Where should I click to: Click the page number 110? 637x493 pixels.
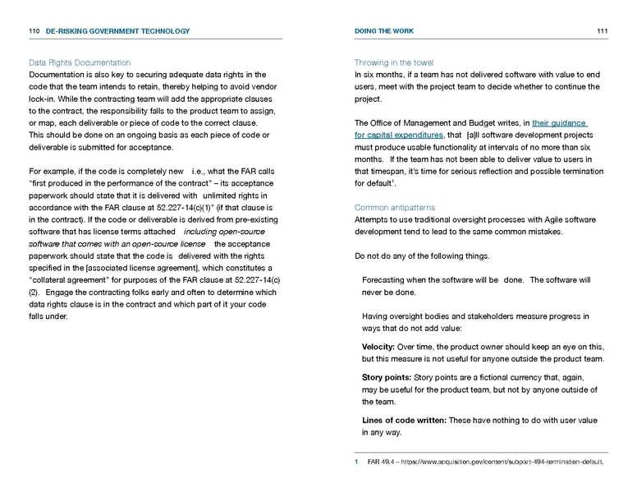pos(34,31)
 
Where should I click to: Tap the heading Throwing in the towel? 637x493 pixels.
pos(394,62)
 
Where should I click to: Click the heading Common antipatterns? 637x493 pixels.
pos(395,208)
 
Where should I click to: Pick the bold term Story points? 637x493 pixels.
pos(389,377)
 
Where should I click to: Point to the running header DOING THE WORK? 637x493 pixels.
pos(384,31)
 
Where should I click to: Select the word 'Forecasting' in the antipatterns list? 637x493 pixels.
pos(388,280)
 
